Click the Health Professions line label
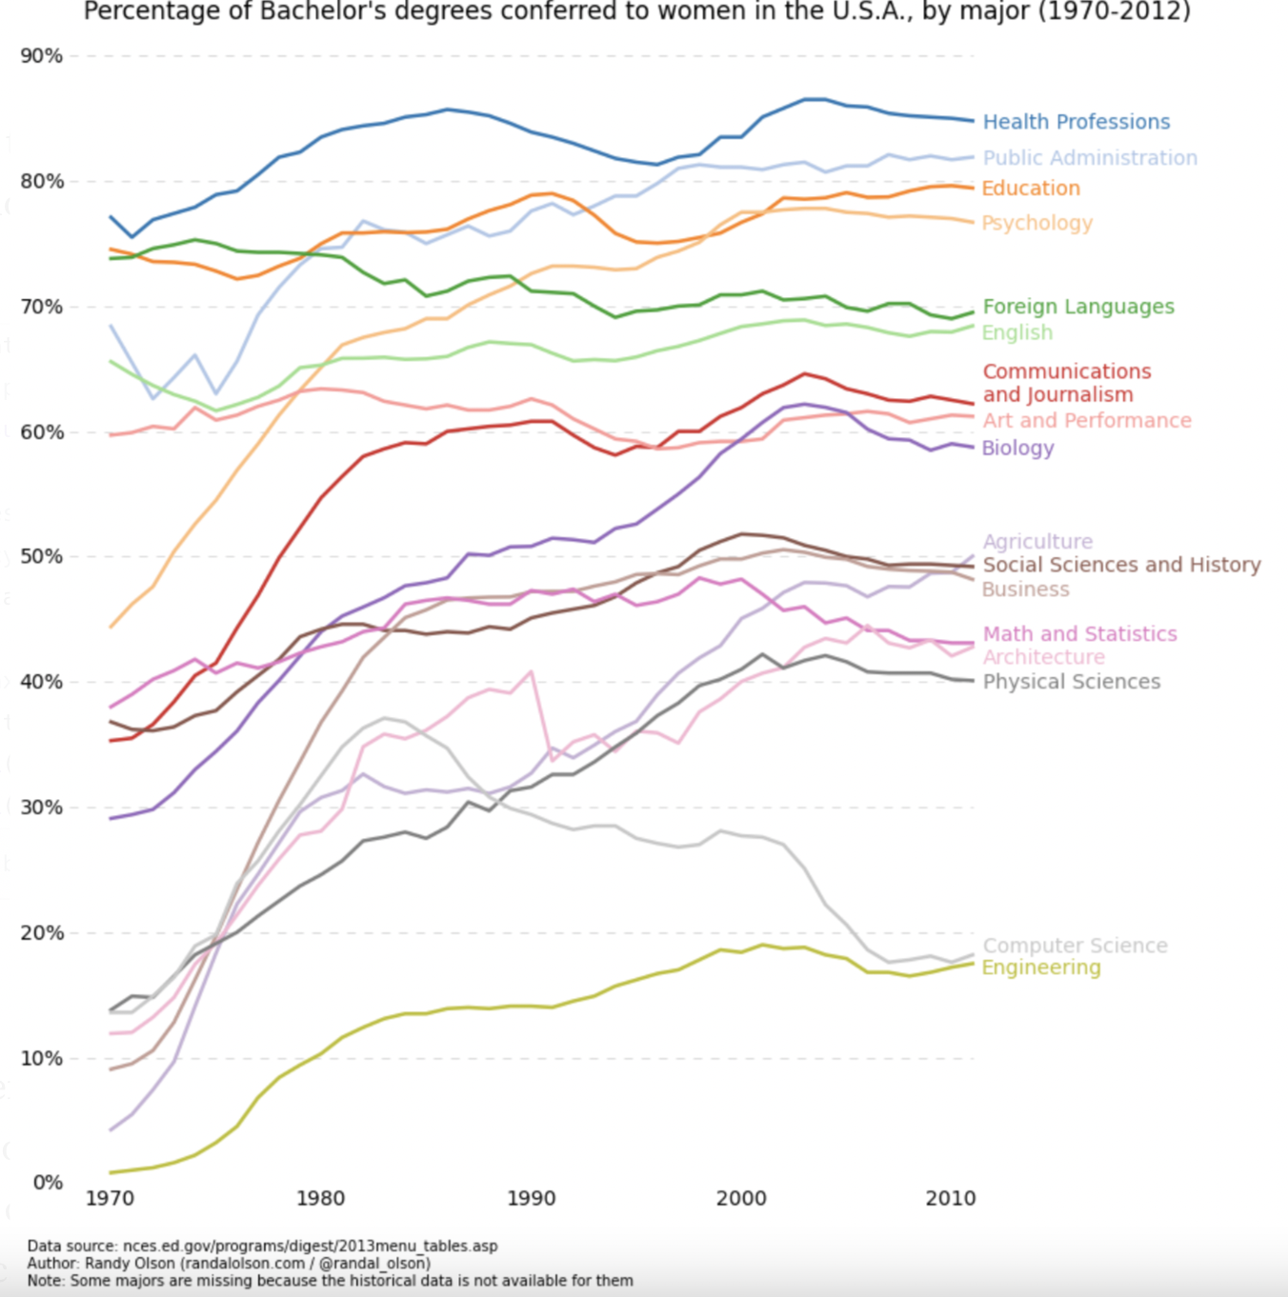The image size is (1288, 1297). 1076,122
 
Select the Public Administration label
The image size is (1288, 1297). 1089,158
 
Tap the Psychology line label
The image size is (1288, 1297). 1036,223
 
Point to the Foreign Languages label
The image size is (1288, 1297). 1077,307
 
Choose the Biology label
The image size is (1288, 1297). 1017,448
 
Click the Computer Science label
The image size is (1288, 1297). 1075,946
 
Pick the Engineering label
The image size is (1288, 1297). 1040,968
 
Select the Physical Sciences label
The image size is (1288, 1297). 1071,682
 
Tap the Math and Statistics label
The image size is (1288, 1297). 1079,634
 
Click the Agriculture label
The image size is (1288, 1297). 1036,542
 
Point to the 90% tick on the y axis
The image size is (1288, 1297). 42,56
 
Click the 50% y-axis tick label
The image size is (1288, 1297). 42,556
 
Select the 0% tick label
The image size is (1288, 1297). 48,1183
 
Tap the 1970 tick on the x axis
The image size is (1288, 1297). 110,1199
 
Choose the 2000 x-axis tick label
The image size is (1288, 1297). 740,1199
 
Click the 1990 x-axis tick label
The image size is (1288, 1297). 531,1199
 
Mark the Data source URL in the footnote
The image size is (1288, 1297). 310,1247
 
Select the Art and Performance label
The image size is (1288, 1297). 1086,421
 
